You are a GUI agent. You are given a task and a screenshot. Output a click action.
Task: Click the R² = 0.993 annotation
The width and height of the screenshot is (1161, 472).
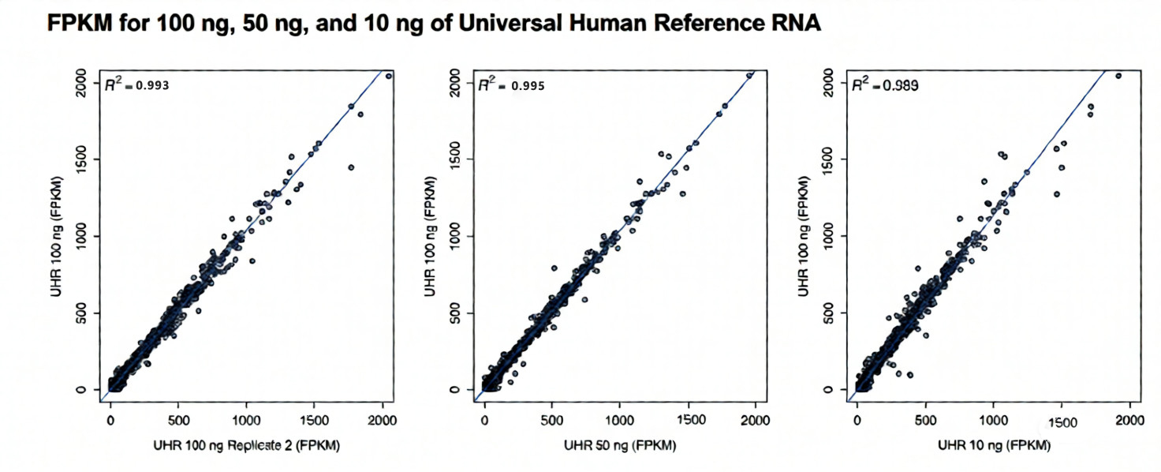point(137,84)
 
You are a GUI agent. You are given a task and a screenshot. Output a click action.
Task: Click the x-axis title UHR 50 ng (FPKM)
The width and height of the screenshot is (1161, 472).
point(620,446)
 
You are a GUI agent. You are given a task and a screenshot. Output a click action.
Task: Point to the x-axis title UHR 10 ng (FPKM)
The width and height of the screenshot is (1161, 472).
point(994,446)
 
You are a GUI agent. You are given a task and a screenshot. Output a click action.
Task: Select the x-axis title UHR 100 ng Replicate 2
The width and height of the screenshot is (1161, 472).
point(246,446)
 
